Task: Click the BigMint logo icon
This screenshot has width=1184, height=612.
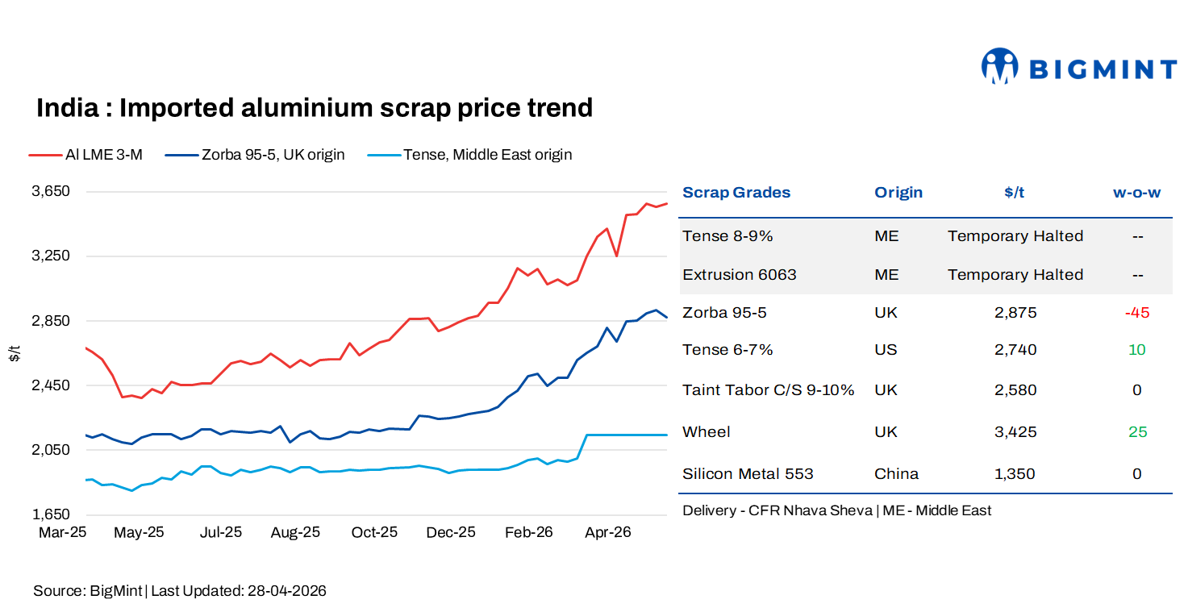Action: (x=999, y=66)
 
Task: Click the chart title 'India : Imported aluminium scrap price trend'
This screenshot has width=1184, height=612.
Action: (x=315, y=108)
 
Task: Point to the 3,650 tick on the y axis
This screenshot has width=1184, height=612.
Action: (x=52, y=191)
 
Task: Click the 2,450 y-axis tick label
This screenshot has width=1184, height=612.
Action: (x=52, y=385)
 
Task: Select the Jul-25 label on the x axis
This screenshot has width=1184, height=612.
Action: (x=220, y=533)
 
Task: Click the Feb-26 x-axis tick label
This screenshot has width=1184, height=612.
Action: (x=529, y=533)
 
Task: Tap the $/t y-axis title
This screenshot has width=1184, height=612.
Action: (x=14, y=352)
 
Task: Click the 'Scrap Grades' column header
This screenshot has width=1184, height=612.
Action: (x=736, y=193)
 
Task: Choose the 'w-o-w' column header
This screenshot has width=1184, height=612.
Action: (x=1136, y=193)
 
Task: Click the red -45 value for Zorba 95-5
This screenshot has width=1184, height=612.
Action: (x=1136, y=313)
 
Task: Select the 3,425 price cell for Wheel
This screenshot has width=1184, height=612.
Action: (x=1015, y=432)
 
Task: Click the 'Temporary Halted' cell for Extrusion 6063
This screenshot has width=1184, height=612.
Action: (x=1015, y=275)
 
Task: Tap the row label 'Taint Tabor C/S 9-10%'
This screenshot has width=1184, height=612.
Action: (x=768, y=390)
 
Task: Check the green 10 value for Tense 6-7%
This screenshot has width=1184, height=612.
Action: (x=1136, y=350)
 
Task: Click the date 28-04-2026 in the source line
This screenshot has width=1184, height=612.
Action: (x=286, y=591)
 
